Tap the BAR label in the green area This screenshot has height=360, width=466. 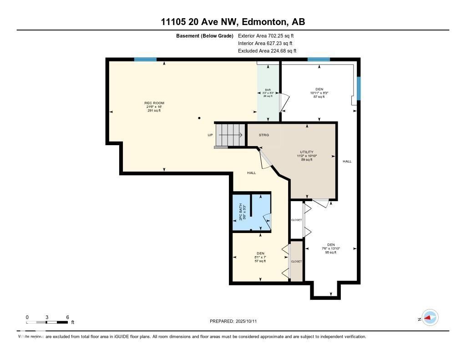pyautogui.click(x=268, y=90)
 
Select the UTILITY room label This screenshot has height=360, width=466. pyautogui.click(x=306, y=152)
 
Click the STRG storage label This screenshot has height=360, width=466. pyautogui.click(x=264, y=135)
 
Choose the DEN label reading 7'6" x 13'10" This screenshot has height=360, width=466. pyautogui.click(x=331, y=245)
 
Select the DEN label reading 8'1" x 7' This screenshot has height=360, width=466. pyautogui.click(x=260, y=254)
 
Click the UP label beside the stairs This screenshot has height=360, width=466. pyautogui.click(x=210, y=135)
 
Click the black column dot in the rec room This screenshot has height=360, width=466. pyautogui.click(x=199, y=118)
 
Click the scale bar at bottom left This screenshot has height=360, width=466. pyautogui.click(x=47, y=322)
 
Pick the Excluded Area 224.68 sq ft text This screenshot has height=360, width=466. pyautogui.click(x=267, y=51)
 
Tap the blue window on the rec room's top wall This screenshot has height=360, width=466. pyautogui.click(x=145, y=60)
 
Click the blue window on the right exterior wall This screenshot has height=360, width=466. pyautogui.click(x=359, y=88)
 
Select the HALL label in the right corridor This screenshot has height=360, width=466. pyautogui.click(x=347, y=161)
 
